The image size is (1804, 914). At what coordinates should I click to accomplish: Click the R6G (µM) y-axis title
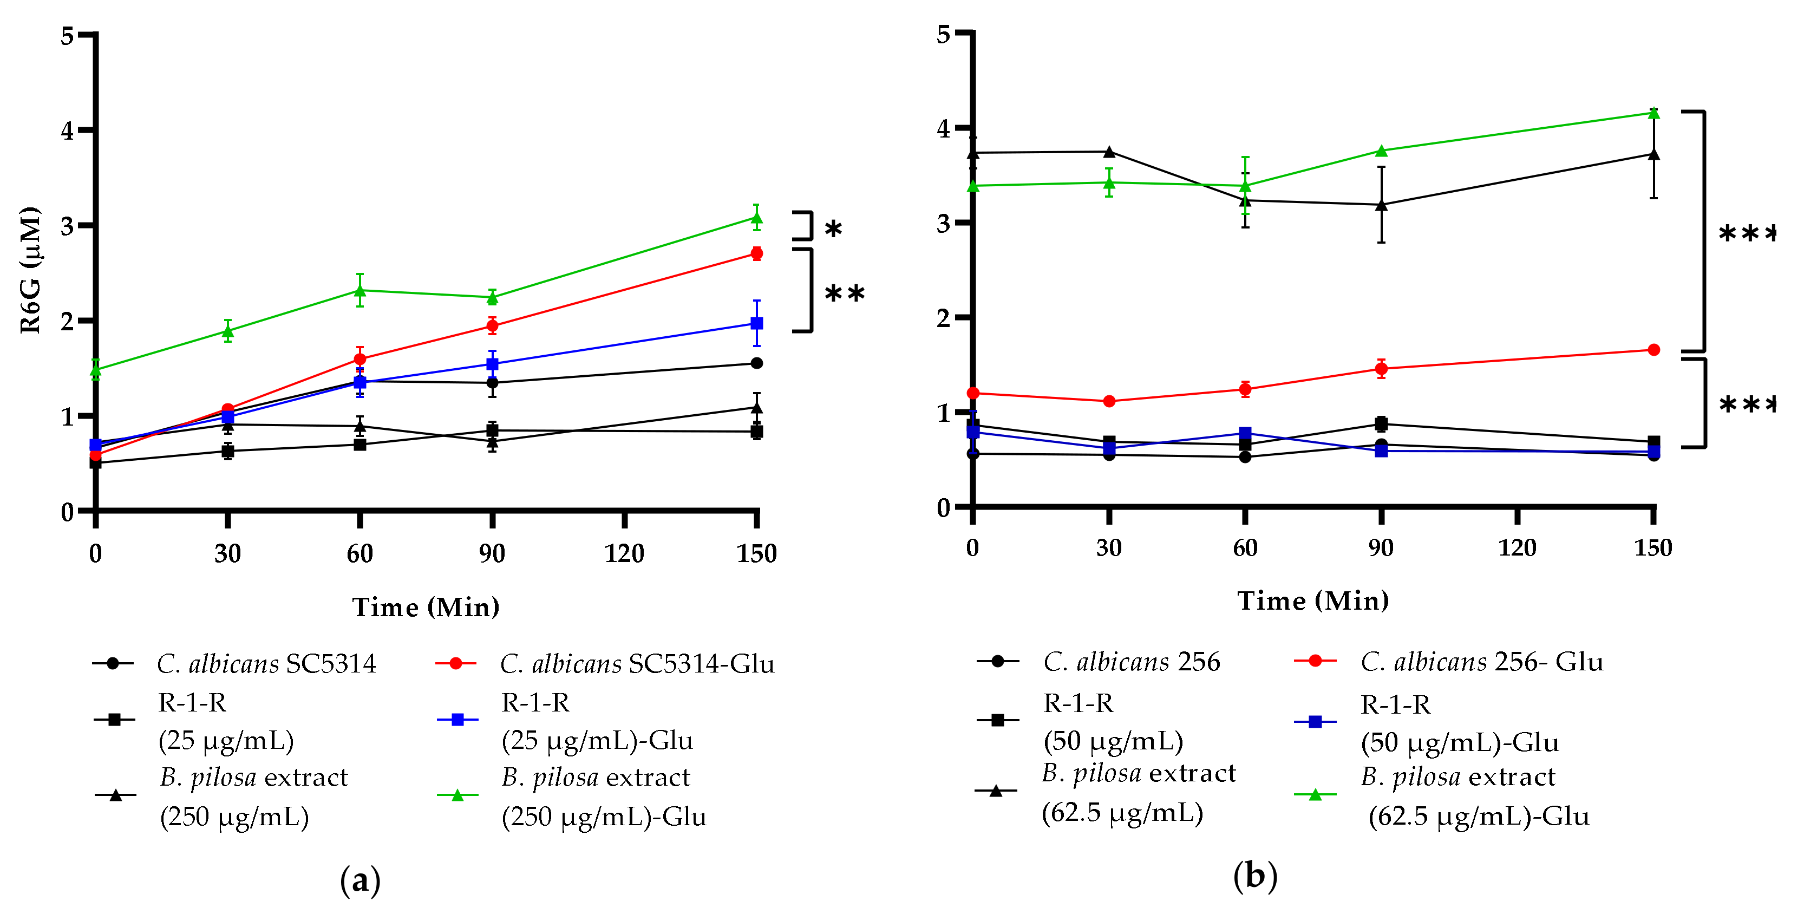[x=29, y=270]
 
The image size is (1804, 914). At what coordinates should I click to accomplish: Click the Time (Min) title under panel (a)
[x=426, y=606]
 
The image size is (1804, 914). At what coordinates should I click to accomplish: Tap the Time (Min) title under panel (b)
[x=1313, y=600]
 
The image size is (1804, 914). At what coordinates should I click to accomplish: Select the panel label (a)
[x=361, y=880]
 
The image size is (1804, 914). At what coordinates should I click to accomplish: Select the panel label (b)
[x=1255, y=876]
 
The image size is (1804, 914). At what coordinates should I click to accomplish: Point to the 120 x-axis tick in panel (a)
[x=624, y=553]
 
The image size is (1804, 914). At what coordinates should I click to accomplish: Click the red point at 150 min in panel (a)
[x=756, y=253]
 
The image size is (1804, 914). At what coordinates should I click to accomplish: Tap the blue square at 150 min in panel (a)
[x=756, y=323]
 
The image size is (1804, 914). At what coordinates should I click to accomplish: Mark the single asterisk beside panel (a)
[x=833, y=230]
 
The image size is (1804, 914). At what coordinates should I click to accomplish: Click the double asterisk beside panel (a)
[x=845, y=293]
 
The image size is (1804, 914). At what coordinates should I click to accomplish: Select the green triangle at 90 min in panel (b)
[x=1381, y=151]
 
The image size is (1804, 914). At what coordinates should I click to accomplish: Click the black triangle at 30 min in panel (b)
[x=1109, y=152]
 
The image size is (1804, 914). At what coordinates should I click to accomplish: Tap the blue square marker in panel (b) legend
[x=1315, y=721]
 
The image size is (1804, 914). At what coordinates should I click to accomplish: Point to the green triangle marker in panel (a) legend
[x=457, y=795]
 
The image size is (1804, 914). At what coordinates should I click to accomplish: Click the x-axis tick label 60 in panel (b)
[x=1245, y=548]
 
